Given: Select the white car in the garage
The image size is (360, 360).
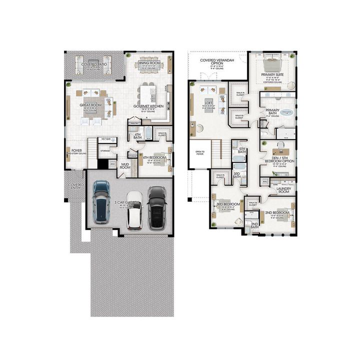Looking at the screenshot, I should pos(134,210).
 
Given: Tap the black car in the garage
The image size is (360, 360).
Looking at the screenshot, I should pos(157,206).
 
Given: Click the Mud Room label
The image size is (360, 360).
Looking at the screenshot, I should pos(124,166).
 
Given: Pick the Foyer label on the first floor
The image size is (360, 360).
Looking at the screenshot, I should pos(76,150).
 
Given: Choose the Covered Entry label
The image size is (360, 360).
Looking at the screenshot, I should pos(76,186).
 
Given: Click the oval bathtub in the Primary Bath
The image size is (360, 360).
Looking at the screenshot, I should pos(287,112).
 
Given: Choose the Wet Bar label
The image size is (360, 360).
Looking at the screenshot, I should pos(105,139).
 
